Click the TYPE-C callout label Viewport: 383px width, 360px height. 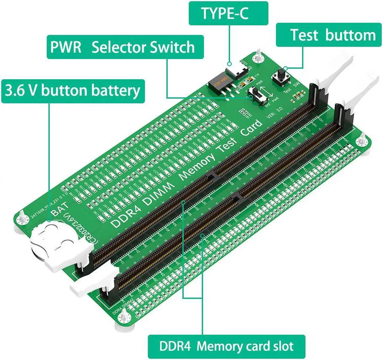[x=228, y=13]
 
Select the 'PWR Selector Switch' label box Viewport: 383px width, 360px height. [x=125, y=47]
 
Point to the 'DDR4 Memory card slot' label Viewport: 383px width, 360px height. [x=226, y=347]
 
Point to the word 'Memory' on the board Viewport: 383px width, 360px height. [x=197, y=167]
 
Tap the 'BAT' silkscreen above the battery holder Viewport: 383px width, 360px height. [x=60, y=209]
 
